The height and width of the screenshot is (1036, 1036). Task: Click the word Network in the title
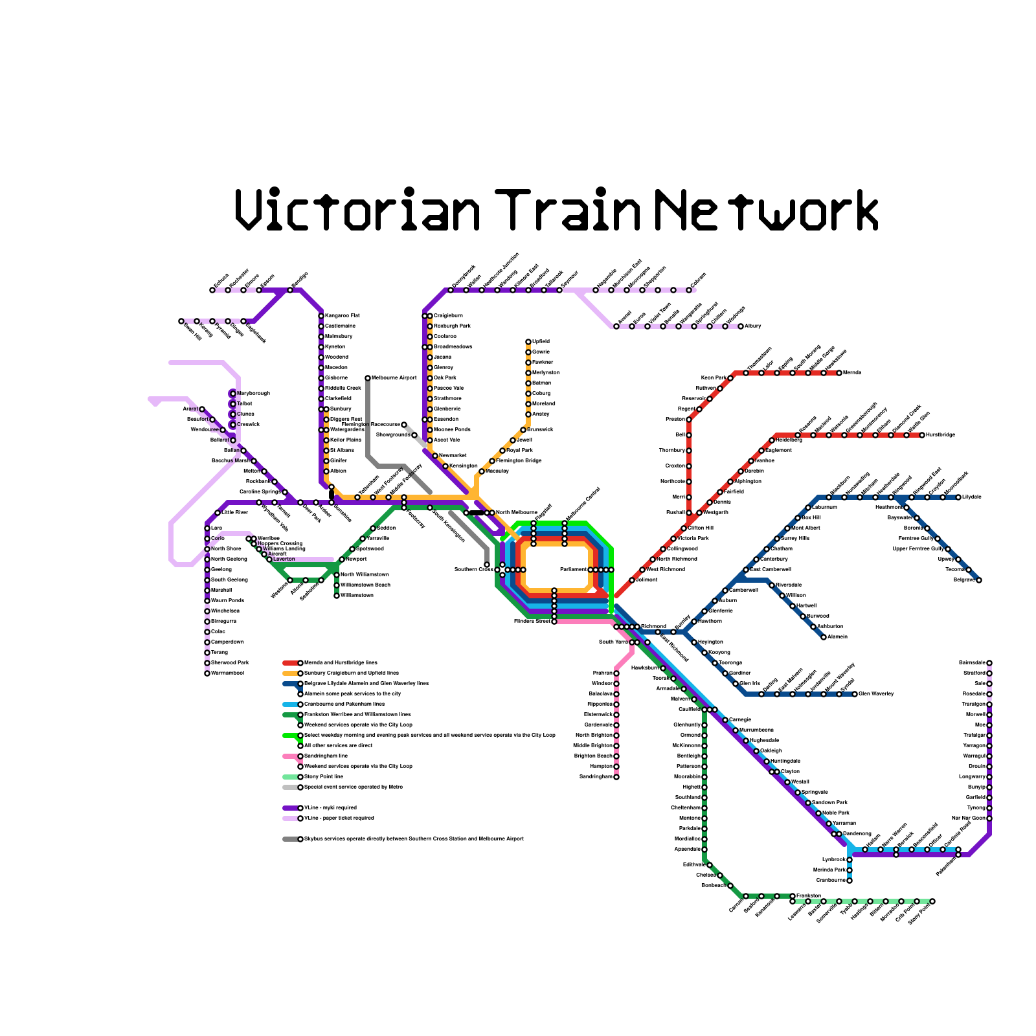767,209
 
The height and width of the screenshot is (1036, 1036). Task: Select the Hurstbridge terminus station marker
922,435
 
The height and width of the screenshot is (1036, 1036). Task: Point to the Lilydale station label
972,497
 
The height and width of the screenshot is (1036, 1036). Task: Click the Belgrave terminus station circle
979,580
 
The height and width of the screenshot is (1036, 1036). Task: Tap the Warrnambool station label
228,673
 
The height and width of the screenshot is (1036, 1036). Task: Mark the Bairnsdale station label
972,662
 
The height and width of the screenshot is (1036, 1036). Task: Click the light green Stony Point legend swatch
291,777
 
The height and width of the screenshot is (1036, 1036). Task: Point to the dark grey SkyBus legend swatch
291,839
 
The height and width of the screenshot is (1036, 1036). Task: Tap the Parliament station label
574,569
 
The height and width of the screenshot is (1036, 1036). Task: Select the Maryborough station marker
233,394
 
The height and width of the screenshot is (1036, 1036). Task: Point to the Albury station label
753,326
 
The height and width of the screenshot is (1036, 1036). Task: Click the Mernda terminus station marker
839,373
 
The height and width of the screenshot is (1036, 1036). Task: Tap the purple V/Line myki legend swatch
291,808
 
